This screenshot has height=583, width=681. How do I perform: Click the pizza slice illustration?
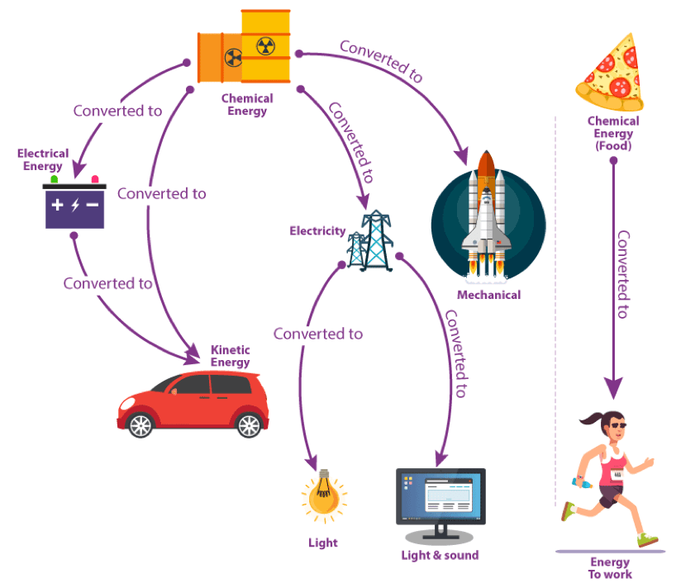[x=613, y=73]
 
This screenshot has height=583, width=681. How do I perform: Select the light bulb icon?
[x=323, y=494]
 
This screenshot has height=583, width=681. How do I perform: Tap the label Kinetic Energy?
[x=230, y=356]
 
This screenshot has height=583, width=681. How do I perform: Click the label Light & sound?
[x=440, y=555]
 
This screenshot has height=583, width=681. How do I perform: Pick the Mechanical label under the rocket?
[x=489, y=295]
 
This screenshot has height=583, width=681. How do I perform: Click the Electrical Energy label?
[x=43, y=160]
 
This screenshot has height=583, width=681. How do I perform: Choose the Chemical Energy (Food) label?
[x=613, y=134]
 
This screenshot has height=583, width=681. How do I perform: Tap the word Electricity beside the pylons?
[x=317, y=230]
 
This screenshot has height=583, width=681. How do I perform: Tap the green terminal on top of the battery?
[x=55, y=178]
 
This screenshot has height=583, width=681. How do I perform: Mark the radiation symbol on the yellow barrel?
[x=264, y=45]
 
